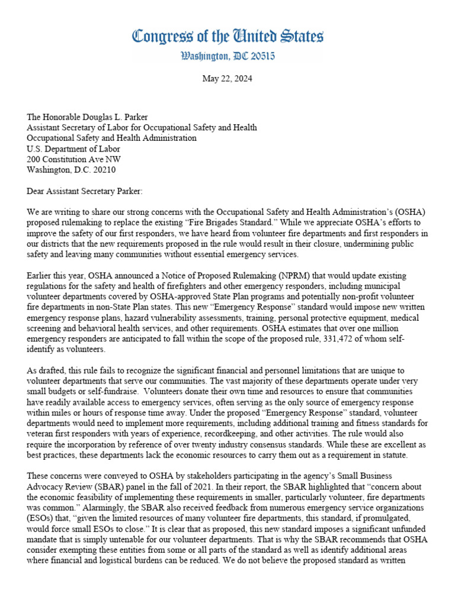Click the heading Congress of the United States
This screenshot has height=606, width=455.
point(227,37)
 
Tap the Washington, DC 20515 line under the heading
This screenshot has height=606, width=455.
point(227,57)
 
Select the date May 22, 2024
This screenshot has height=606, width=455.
point(227,79)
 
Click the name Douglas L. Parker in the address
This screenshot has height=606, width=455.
point(115,117)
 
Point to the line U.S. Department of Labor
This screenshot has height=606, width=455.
point(74,149)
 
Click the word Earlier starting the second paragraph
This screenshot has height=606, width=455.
point(42,275)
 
